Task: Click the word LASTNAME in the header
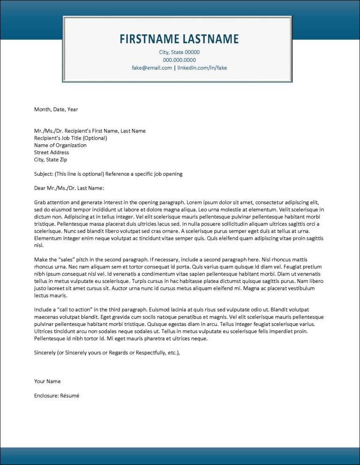tap(210, 39)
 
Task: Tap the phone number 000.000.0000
tap(180, 60)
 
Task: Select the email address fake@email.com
tap(152, 68)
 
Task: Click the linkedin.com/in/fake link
tap(202, 68)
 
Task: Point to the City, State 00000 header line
tap(180, 52)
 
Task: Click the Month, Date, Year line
tap(56, 110)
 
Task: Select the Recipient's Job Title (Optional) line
tap(70, 138)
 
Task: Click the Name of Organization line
tap(60, 145)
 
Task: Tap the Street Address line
tap(51, 153)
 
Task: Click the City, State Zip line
tap(51, 160)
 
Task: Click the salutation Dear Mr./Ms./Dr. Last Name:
tap(69, 188)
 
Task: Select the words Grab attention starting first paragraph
tap(53, 203)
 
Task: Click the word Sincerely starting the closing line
tap(45, 353)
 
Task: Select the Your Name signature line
tap(47, 381)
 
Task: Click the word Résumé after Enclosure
tap(69, 396)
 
